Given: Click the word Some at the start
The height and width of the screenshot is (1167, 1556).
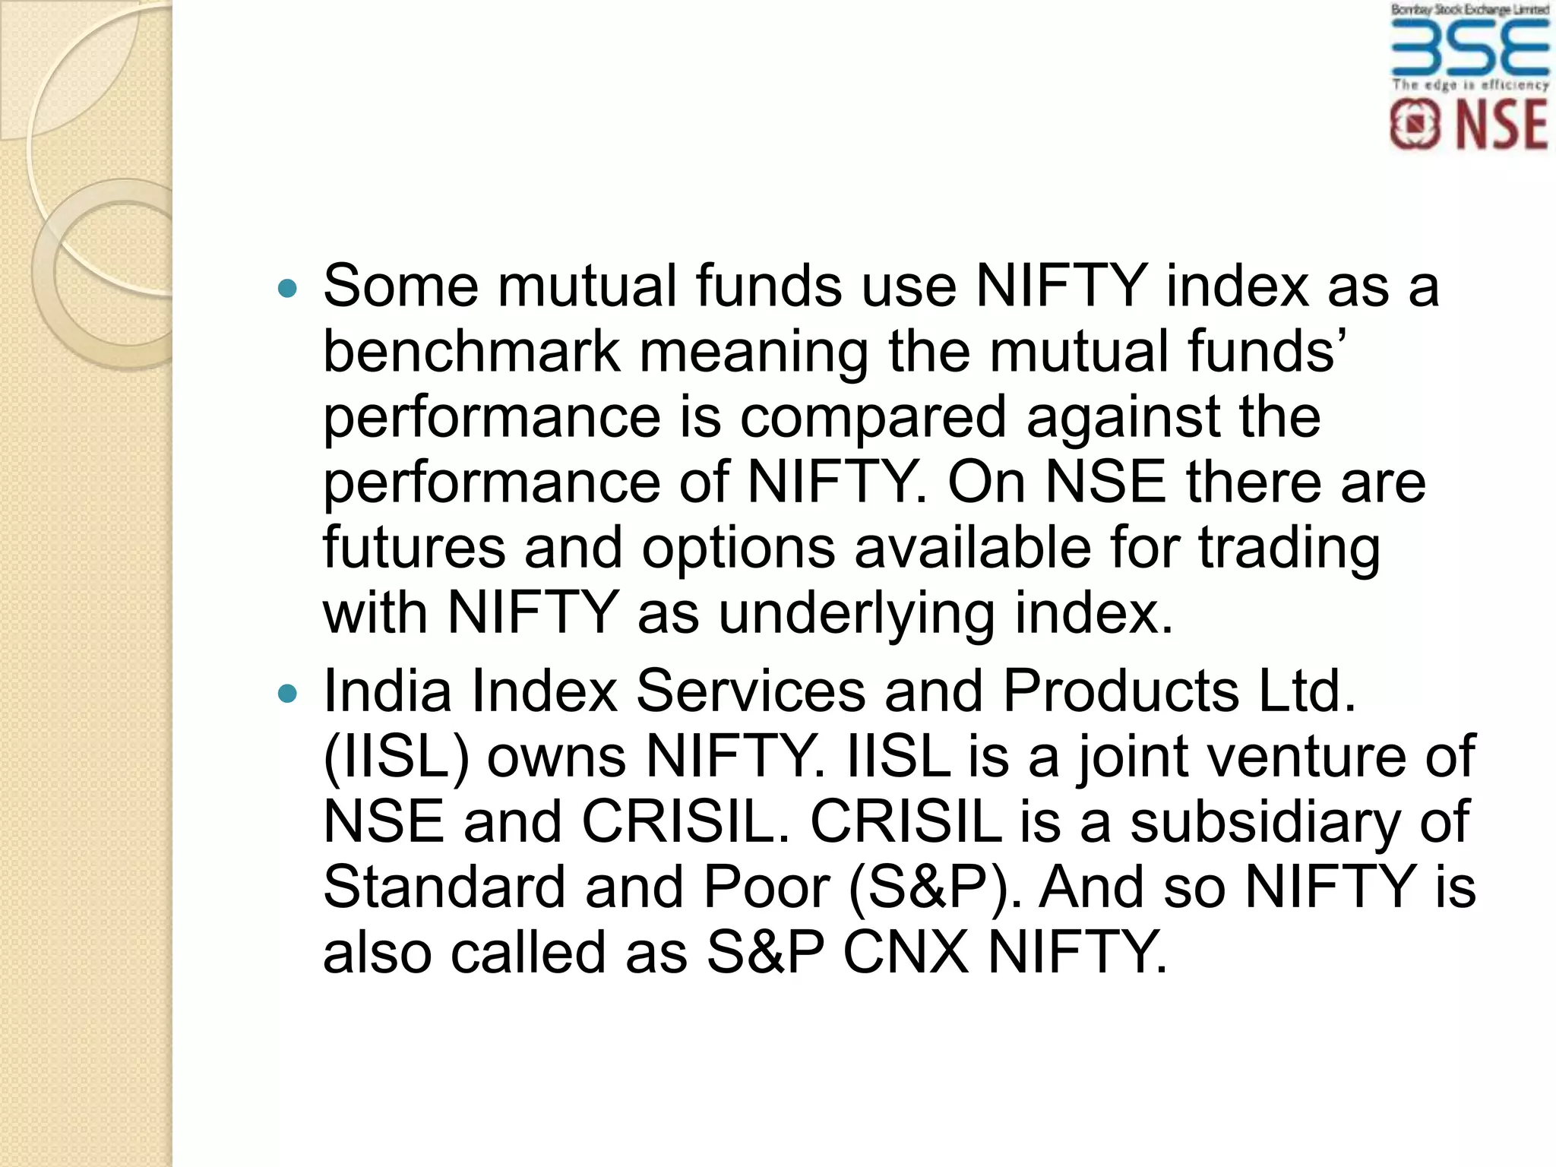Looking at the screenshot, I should pos(400,286).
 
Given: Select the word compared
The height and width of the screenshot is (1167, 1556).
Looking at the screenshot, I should pos(872,417).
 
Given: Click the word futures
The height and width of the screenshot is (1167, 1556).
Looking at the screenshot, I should pos(414,548).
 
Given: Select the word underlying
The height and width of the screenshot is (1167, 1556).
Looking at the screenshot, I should pos(856,615).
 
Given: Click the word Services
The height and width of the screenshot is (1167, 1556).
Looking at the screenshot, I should pos(750,691).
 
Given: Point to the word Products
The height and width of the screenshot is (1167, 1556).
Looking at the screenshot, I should pos(1121,691).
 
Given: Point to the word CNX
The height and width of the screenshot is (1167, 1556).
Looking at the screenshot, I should pos(905,953).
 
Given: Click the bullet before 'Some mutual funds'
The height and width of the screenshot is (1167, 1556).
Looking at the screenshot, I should pos(287,288).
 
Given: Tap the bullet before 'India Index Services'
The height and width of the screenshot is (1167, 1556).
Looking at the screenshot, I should pos(287,693).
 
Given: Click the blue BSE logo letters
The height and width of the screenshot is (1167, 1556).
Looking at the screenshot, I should pos(1469,46).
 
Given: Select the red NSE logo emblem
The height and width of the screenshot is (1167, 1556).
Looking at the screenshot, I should pos(1415,125).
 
